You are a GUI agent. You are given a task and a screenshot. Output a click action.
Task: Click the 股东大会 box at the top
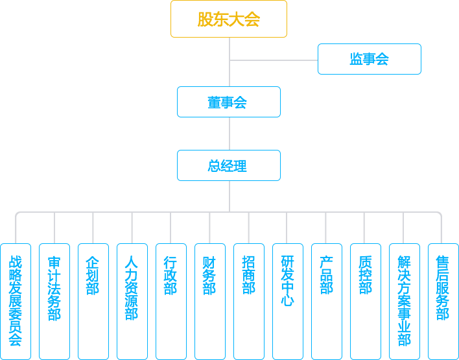click(229, 19)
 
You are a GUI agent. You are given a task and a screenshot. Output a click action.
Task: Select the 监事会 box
click(369, 59)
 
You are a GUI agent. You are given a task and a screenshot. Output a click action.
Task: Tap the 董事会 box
click(229, 102)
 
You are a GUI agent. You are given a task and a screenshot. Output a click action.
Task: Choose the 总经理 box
click(229, 165)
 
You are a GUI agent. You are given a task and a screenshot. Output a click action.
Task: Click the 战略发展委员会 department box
click(16, 301)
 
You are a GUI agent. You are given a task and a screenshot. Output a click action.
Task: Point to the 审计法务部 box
click(54, 301)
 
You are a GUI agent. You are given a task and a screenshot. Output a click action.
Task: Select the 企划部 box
click(93, 301)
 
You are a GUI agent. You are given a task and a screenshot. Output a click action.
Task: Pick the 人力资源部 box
click(132, 301)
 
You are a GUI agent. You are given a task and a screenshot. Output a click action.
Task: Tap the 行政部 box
click(171, 301)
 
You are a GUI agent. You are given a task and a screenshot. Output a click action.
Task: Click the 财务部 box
click(210, 301)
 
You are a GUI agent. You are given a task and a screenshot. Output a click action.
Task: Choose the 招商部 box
click(249, 301)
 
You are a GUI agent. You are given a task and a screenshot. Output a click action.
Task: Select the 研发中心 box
click(288, 301)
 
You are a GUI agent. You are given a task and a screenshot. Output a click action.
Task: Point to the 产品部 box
click(327, 301)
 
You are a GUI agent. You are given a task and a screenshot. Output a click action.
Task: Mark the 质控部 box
click(366, 301)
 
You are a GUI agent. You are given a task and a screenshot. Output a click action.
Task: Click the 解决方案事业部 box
click(405, 301)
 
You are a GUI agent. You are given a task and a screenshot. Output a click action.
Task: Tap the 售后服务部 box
click(443, 301)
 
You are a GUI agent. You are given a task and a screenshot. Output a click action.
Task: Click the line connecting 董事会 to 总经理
click(230, 134)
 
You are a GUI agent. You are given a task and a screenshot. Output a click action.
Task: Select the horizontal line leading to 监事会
click(274, 60)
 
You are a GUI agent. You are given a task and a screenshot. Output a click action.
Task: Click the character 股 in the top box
click(206, 19)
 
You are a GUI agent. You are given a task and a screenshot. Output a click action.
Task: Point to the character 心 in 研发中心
click(288, 300)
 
